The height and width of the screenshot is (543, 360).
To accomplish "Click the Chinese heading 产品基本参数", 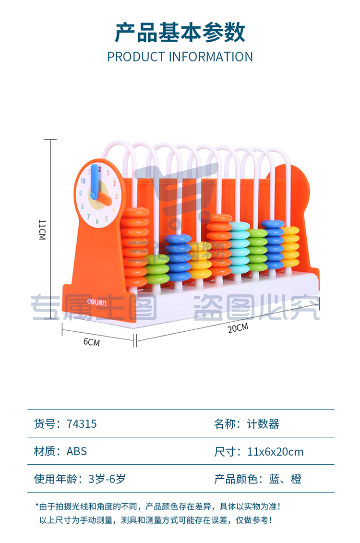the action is pyautogui.click(x=180, y=33).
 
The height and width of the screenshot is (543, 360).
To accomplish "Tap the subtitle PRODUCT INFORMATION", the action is pyautogui.click(x=180, y=57).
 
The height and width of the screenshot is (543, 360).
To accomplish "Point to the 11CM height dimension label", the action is pyautogui.click(x=42, y=229).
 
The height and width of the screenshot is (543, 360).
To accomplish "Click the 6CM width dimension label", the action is pyautogui.click(x=91, y=342).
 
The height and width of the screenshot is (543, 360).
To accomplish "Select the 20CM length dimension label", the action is pyautogui.click(x=238, y=327).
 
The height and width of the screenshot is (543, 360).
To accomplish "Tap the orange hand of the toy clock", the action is pyautogui.click(x=102, y=198).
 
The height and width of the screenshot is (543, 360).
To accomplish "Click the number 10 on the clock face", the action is pyautogui.click(x=83, y=181).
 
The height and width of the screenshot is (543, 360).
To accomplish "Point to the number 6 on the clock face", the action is pyautogui.click(x=97, y=220).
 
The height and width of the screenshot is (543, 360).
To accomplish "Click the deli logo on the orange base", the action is pyautogui.click(x=96, y=302).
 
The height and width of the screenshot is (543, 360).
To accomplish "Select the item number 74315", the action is pyautogui.click(x=81, y=424).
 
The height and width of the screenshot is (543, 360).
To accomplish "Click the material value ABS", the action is pyautogui.click(x=76, y=451).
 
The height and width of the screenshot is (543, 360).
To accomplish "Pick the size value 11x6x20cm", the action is pyautogui.click(x=275, y=452).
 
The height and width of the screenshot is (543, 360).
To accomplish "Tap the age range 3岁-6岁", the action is pyautogui.click(x=107, y=479).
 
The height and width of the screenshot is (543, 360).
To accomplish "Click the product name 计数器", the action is pyautogui.click(x=263, y=424).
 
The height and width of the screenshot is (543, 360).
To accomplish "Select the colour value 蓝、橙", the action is pyautogui.click(x=285, y=479).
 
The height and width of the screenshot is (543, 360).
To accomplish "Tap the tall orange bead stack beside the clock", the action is pyautogui.click(x=135, y=247).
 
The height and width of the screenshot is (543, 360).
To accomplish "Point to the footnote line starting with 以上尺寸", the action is pyautogui.click(x=156, y=520).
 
